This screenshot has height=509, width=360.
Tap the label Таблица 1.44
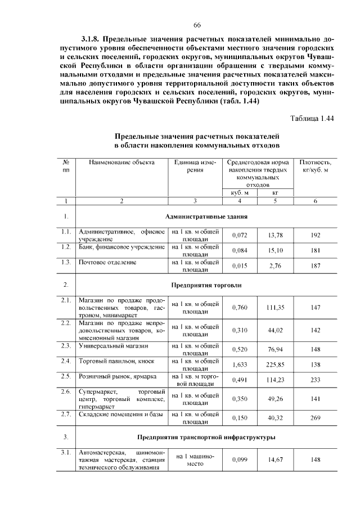(312, 118)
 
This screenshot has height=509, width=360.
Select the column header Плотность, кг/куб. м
(315, 166)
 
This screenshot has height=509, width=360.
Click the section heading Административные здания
(206, 216)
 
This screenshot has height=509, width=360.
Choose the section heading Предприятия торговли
(206, 285)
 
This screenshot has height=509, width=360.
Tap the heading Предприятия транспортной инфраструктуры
(206, 437)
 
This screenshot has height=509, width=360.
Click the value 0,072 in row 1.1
(240, 235)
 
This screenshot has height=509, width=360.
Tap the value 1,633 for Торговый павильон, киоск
(240, 364)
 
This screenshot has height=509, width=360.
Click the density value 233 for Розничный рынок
(315, 380)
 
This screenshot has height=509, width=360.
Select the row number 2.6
(66, 391)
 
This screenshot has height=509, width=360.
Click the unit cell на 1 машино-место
(195, 460)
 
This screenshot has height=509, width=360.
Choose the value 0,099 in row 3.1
(240, 460)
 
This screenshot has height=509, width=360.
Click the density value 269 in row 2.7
(315, 418)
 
